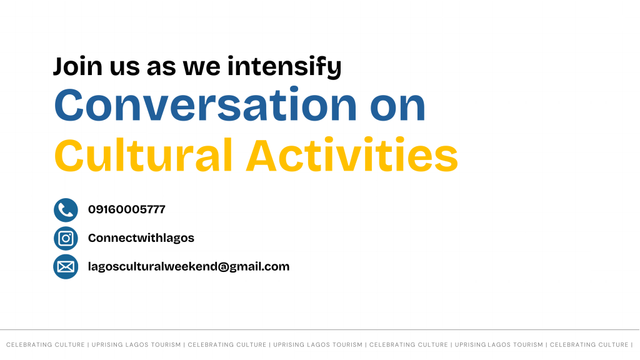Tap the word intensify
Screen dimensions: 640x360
point(284,66)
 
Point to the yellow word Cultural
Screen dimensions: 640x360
point(143,155)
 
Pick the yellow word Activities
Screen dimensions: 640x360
point(352,155)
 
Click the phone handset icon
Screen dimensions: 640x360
point(66,210)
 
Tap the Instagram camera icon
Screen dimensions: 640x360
point(66,238)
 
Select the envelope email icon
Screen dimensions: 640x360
point(66,267)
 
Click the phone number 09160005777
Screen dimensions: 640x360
point(126,209)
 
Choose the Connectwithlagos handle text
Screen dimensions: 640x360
point(141,238)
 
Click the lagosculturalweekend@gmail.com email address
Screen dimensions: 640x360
point(189,267)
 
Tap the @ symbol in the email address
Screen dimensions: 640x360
point(223,267)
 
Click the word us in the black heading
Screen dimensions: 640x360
point(124,67)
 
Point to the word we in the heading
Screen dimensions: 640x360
point(201,67)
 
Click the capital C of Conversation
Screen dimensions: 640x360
point(69,105)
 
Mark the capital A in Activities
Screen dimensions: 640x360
point(263,155)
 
